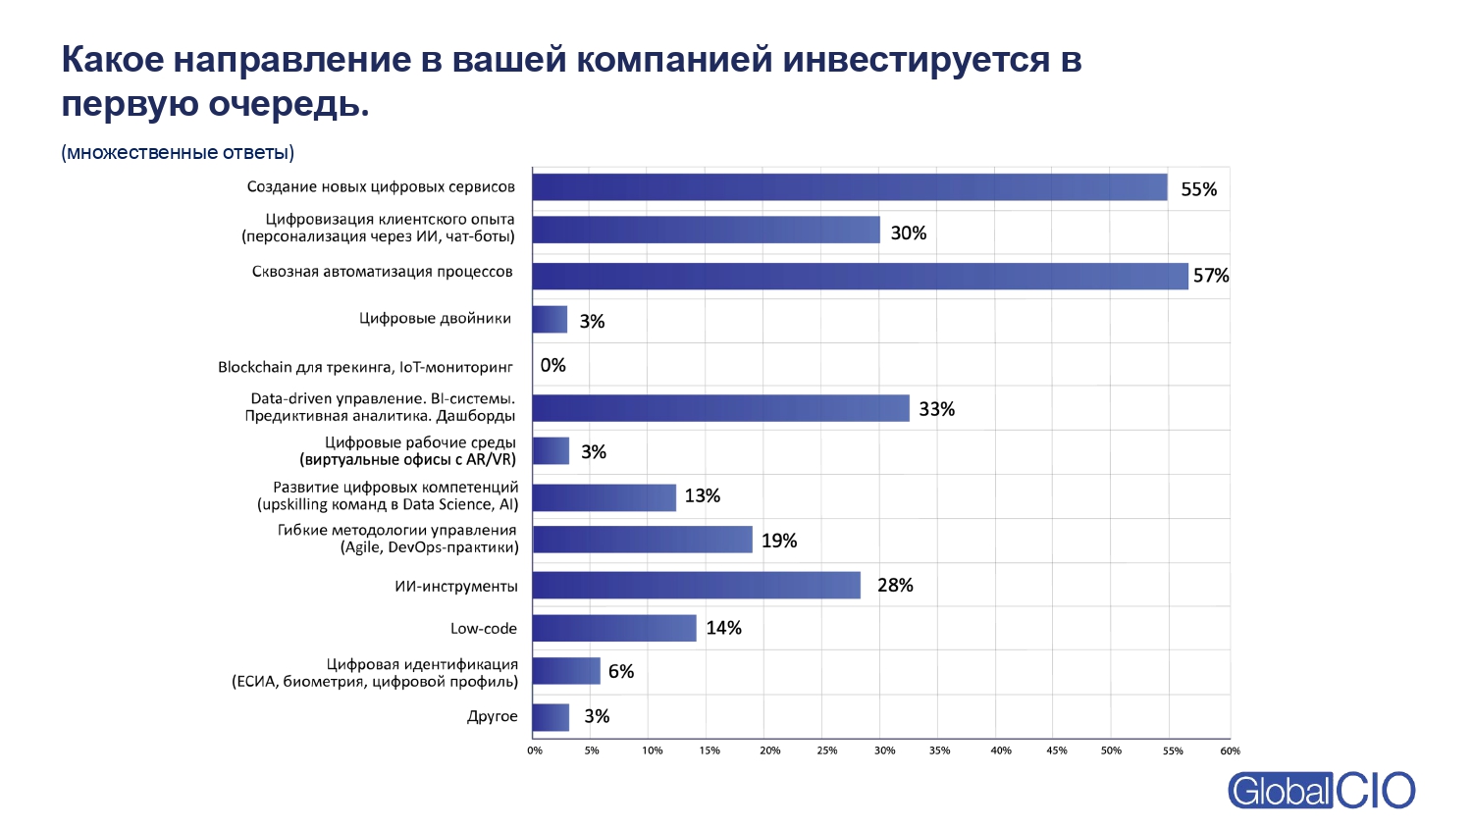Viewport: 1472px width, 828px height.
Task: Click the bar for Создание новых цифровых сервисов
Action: [850, 187]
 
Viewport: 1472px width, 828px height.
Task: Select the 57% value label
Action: [1211, 277]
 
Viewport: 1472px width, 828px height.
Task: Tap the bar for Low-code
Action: [614, 628]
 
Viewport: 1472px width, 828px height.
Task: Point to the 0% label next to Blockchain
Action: [552, 365]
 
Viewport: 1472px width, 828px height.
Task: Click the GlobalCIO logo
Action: [1321, 791]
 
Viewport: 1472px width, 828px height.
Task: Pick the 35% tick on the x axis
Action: [939, 750]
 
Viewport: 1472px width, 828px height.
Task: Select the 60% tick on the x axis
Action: [1230, 750]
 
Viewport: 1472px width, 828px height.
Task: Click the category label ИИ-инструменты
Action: [455, 587]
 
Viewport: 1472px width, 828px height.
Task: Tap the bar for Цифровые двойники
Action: [550, 320]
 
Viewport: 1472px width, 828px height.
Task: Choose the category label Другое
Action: [492, 716]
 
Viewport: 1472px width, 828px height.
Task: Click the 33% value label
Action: [936, 409]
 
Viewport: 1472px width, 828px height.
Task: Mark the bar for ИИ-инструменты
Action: [697, 586]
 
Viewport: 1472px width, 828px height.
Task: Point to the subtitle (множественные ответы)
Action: [178, 152]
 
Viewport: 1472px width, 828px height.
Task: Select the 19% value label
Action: [779, 541]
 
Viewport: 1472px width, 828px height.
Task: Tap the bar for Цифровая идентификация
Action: [566, 671]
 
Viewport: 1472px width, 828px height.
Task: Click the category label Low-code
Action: [483, 629]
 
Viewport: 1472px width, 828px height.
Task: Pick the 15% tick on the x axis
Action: [709, 750]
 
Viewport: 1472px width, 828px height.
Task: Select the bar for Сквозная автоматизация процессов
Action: [860, 276]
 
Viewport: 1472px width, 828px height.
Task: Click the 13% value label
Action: [702, 496]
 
